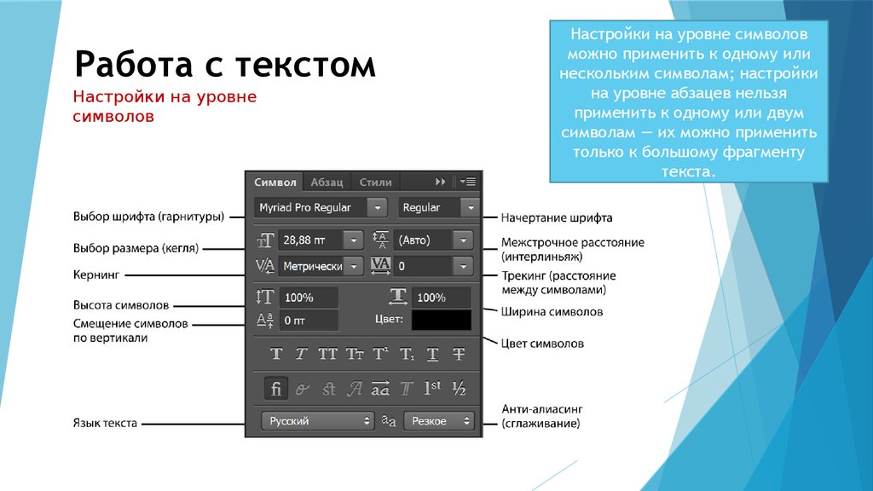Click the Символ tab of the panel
point(275,182)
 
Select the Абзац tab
point(327,182)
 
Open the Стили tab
point(375,182)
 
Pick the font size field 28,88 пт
point(321,240)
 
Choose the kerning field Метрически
point(321,266)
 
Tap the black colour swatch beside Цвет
point(441,320)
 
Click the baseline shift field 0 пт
point(309,321)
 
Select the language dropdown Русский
point(317,421)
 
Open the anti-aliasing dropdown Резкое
point(439,421)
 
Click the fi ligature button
point(276,388)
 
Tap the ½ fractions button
point(459,388)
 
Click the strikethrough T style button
point(459,354)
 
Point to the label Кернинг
point(96,274)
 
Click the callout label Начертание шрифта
point(557,217)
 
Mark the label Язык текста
point(105,423)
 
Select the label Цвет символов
point(542,344)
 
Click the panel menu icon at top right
point(468,182)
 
